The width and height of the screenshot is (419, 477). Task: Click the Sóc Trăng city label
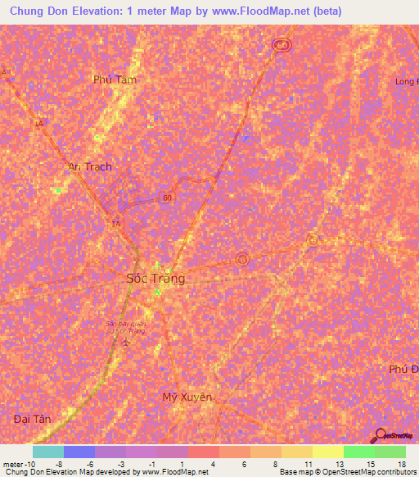[155, 279]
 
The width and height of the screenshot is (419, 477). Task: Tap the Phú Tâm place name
[115, 80]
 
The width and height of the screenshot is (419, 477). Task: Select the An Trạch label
[89, 166]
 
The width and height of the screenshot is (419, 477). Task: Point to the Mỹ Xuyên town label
[187, 397]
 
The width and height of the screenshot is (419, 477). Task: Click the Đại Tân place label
[33, 419]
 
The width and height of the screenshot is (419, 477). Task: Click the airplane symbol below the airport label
[125, 345]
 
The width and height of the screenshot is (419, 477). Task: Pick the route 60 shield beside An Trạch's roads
[166, 198]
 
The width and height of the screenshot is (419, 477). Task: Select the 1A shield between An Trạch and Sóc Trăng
[115, 223]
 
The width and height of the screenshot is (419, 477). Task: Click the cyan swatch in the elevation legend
[48, 452]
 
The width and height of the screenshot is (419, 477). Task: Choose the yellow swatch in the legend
[327, 452]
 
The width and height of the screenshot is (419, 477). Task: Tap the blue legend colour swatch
[79, 452]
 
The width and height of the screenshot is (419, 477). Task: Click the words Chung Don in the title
[38, 11]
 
